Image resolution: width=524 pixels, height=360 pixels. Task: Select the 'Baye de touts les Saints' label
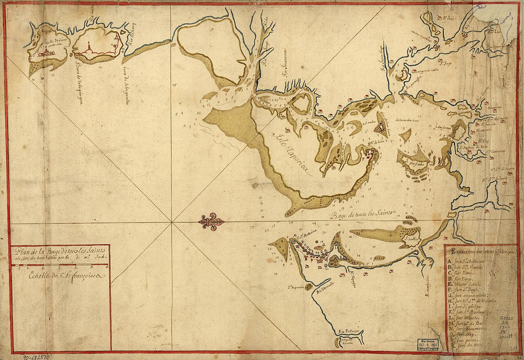(365, 214)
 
